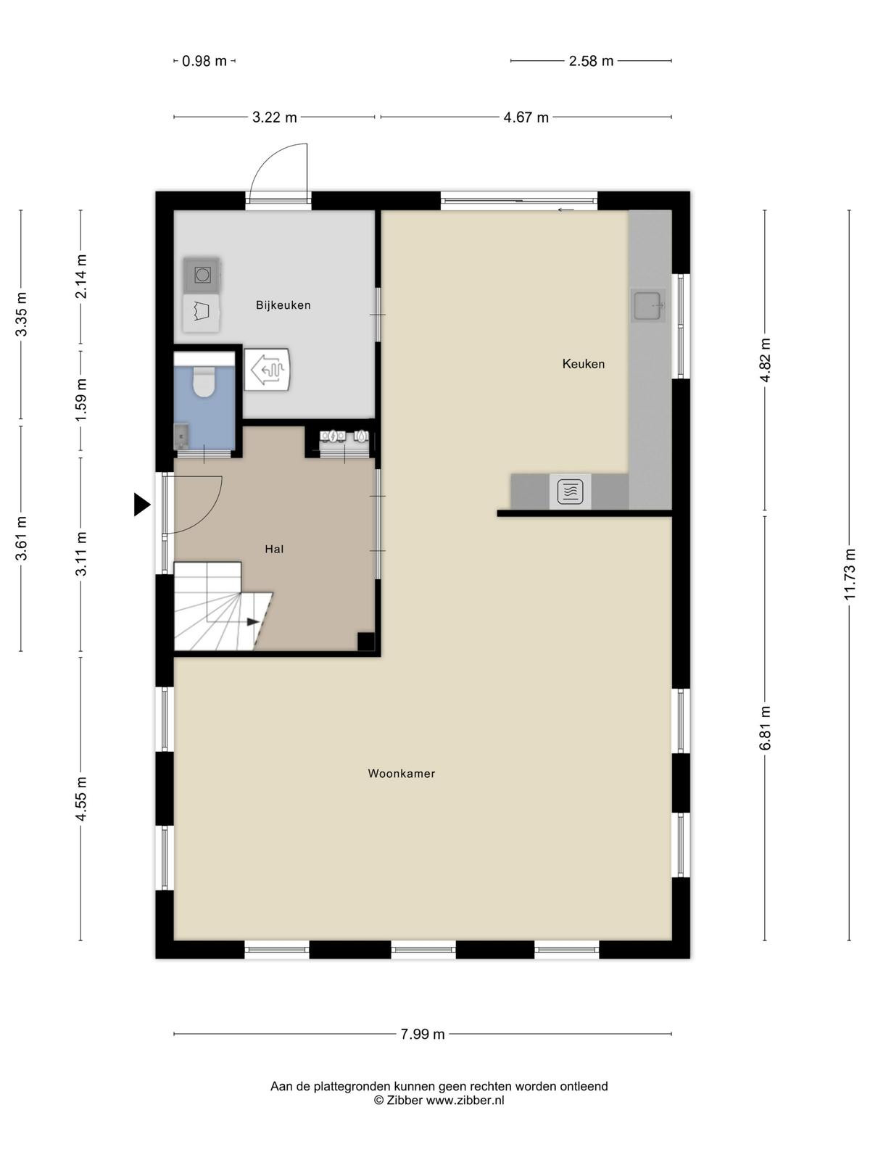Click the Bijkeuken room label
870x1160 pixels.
click(x=283, y=305)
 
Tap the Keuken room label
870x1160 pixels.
click(x=583, y=364)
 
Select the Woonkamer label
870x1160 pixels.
click(x=402, y=773)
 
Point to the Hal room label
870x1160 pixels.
click(x=274, y=549)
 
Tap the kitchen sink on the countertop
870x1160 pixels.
click(x=648, y=305)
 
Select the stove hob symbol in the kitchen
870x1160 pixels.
click(x=570, y=492)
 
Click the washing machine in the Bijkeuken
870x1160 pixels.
click(x=202, y=275)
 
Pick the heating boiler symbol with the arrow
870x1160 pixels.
click(x=268, y=369)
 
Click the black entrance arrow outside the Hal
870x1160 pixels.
click(x=141, y=504)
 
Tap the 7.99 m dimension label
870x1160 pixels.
click(x=423, y=1035)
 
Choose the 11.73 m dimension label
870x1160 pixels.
click(x=849, y=574)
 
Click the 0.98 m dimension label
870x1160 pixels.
click(x=204, y=62)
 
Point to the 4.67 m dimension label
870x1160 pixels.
click(x=526, y=117)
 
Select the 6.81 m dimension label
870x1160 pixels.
click(x=765, y=728)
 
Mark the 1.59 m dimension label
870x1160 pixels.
click(x=80, y=400)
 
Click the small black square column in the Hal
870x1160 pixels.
click(x=366, y=642)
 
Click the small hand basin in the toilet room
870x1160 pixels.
click(x=181, y=436)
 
